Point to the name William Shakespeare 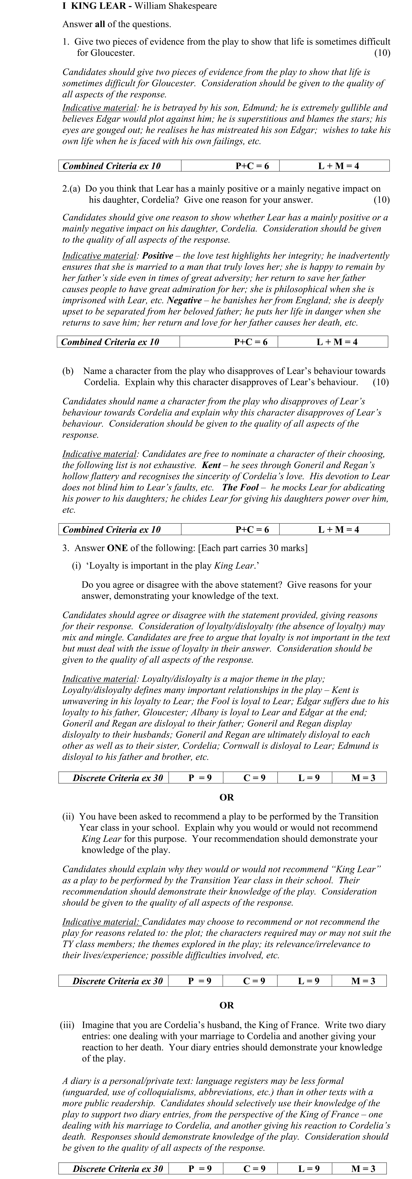point(169,6)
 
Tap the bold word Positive point(158,256)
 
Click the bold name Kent point(211,465)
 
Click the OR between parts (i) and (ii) point(227,797)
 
